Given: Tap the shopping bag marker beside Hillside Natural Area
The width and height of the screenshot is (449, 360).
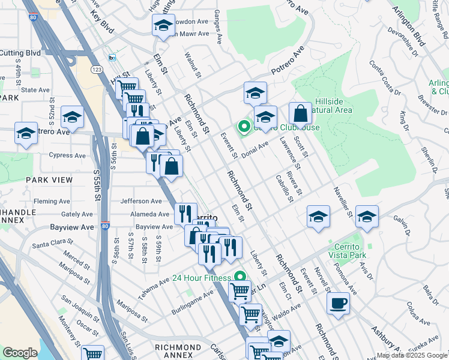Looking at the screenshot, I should click(x=300, y=113).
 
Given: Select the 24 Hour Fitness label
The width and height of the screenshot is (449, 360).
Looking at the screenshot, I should click(x=201, y=278).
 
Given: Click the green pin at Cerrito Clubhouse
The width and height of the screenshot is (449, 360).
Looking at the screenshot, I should click(x=244, y=127).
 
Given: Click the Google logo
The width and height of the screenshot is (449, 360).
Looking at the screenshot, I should click(x=20, y=353).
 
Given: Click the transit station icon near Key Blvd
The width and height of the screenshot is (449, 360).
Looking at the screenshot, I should click(x=112, y=58).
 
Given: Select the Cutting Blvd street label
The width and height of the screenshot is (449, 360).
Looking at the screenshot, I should click(x=20, y=53).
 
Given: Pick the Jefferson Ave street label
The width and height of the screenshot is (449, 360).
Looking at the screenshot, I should click(x=141, y=201).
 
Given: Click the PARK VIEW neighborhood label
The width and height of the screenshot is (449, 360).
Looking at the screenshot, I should click(x=49, y=179).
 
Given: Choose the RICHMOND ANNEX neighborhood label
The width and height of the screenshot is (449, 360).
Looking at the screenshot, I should click(x=178, y=347).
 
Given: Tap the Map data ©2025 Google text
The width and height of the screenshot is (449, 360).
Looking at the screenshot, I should click(x=412, y=355).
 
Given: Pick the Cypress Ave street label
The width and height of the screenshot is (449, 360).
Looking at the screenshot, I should click(x=67, y=155).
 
